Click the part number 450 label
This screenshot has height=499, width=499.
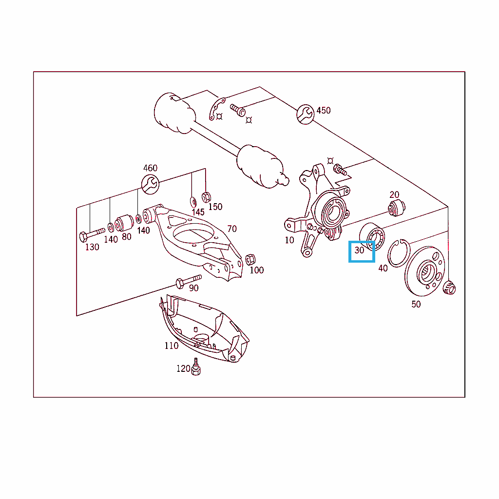(324, 111)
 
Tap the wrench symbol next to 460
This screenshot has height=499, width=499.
(150, 184)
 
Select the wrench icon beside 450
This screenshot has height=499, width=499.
(306, 114)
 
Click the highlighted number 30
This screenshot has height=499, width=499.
(359, 250)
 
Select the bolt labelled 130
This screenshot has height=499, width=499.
(92, 234)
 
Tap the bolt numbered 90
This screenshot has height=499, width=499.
(189, 281)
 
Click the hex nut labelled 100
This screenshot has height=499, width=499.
(250, 260)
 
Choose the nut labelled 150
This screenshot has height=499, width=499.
(206, 197)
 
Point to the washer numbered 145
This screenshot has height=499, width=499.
(193, 202)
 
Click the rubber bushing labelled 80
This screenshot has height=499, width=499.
(124, 223)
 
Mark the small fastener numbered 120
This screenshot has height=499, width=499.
(196, 367)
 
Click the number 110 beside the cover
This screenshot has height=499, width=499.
(171, 345)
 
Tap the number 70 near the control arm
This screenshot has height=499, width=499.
(232, 229)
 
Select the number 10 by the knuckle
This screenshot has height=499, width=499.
(289, 240)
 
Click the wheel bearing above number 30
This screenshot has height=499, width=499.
(372, 236)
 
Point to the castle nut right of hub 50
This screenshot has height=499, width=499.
(449, 288)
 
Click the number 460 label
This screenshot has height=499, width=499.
(150, 168)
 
